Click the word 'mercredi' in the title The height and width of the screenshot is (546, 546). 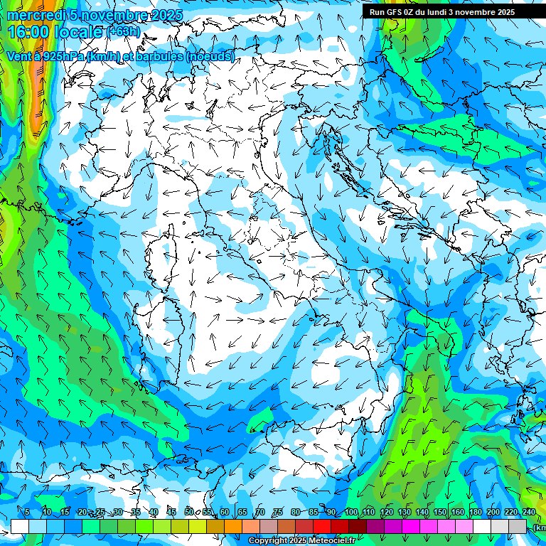pyautogui.click(x=35, y=15)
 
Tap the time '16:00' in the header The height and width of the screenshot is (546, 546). pyautogui.click(x=29, y=32)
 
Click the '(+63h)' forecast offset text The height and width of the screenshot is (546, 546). pyautogui.click(x=124, y=32)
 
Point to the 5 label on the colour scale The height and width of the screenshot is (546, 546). pyautogui.click(x=27, y=512)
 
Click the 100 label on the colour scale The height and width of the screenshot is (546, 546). pyautogui.click(x=350, y=512)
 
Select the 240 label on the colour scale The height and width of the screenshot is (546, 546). pyautogui.click(x=529, y=512)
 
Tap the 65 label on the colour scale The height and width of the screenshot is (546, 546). pyautogui.click(x=242, y=512)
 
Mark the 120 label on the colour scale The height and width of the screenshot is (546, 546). pyautogui.click(x=386, y=512)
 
